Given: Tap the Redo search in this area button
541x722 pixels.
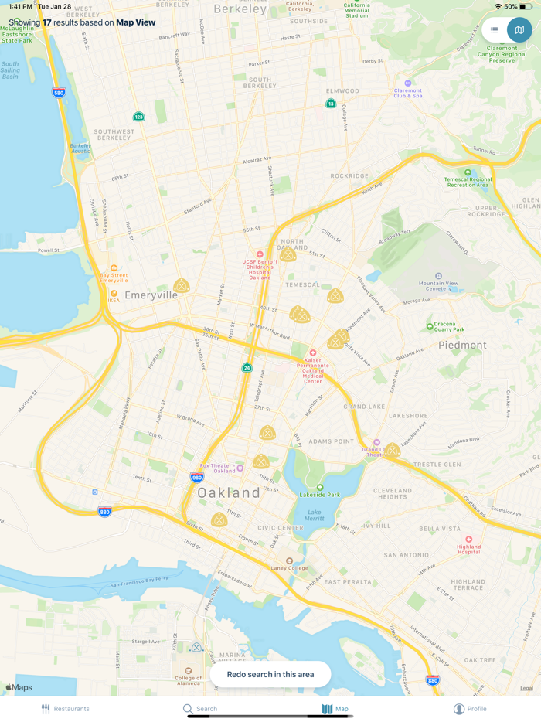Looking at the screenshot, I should [x=270, y=674].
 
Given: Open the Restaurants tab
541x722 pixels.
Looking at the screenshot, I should [x=65, y=708].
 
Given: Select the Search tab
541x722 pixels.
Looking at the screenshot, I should [x=199, y=708].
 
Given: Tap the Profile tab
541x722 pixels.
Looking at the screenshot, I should [x=470, y=708].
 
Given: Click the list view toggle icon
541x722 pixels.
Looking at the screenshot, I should [x=495, y=30].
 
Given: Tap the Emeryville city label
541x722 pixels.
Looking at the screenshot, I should [x=151, y=295].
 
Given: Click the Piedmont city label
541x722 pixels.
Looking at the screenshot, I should [x=462, y=345].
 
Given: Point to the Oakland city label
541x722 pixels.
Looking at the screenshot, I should [x=229, y=492].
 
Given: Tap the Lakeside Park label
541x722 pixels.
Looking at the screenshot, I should [x=320, y=494].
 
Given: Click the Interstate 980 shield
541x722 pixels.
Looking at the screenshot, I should [x=197, y=478].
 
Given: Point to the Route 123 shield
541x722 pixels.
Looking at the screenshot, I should [x=138, y=117].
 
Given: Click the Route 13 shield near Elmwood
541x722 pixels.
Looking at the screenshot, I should [x=331, y=104].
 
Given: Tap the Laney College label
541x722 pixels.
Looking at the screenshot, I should [x=290, y=567].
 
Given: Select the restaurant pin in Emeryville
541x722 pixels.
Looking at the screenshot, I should [x=181, y=286].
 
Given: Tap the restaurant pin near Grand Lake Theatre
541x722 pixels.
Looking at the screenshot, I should [x=393, y=450].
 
